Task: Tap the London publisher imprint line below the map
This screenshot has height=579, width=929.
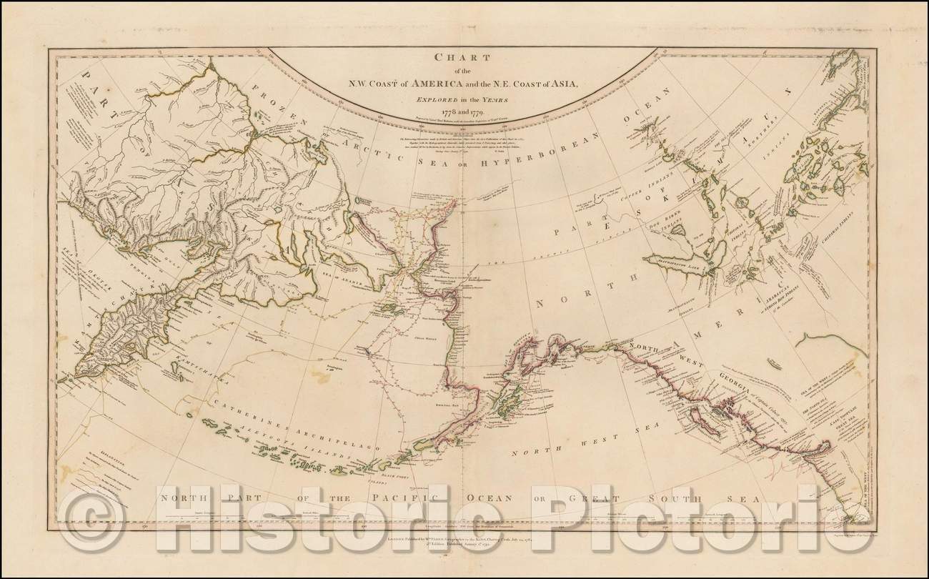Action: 465,543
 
